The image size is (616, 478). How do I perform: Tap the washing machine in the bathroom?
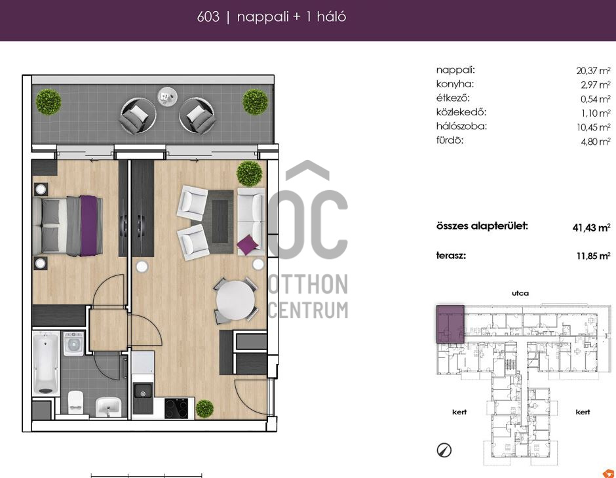[x=73, y=344]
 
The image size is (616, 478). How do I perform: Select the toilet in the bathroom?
[x=76, y=402]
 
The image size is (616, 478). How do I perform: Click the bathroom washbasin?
[x=108, y=407]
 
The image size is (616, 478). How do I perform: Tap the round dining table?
[x=235, y=300]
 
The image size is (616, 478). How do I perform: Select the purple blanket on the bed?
[x=88, y=226]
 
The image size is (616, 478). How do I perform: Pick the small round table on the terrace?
[x=167, y=96]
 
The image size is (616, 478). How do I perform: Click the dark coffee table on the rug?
[x=220, y=222]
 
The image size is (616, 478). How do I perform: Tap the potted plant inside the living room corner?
[x=249, y=173]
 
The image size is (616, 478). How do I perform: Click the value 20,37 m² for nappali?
[x=593, y=71]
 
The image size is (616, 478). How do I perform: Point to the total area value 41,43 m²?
[x=591, y=228]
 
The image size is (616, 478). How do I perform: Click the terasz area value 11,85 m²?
[x=593, y=256]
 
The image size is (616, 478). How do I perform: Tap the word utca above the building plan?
[x=520, y=293]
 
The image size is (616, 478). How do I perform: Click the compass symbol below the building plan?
[x=444, y=450]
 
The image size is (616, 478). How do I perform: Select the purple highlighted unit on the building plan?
[x=451, y=324]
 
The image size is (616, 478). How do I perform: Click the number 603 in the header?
[x=208, y=17]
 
